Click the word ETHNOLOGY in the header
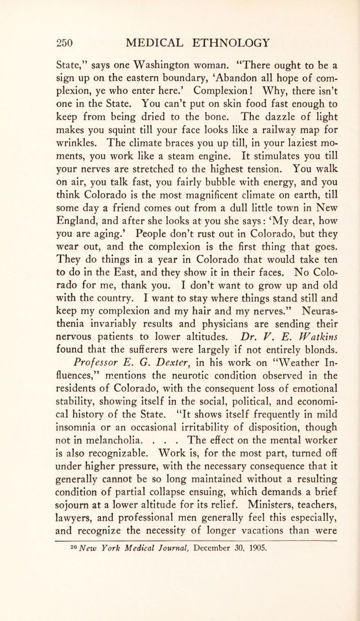point(243,44)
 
